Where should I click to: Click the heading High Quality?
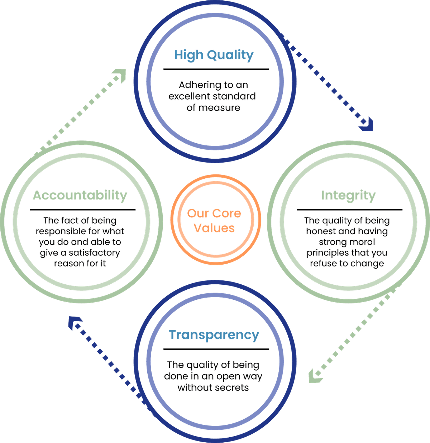214,55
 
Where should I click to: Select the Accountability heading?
80,196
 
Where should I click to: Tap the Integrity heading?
348,196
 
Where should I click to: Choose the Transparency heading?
214,335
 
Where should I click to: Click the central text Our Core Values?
214,221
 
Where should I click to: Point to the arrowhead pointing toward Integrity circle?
367,125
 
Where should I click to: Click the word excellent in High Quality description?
190,96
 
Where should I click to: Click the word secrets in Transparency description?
231,387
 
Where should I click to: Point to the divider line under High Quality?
216,69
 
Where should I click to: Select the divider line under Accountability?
82,210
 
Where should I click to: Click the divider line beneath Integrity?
349,210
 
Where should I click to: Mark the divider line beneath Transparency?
216,349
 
